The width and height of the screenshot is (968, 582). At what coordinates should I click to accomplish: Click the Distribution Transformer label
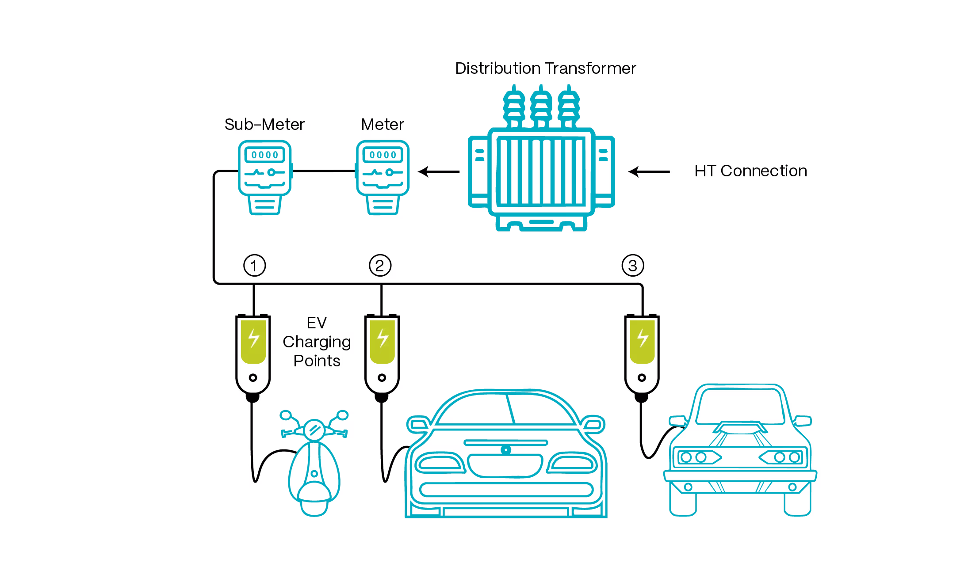coord(546,68)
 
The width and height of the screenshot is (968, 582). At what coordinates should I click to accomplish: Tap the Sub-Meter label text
coord(264,124)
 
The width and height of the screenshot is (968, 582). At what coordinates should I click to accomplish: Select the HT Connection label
coord(750,171)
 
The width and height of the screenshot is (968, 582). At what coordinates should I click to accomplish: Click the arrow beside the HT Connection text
coord(649,171)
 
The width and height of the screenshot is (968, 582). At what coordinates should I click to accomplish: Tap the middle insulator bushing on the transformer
coord(540,106)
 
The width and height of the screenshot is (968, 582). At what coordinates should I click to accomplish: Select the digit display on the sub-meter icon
coord(264,155)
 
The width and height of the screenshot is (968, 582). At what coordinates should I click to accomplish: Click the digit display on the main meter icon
coord(383,155)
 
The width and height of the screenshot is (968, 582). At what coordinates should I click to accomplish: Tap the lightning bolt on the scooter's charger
coord(253,338)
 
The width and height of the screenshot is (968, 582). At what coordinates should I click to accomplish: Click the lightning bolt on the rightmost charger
coord(642,338)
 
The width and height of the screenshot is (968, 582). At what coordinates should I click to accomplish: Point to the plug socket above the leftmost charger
coord(254,266)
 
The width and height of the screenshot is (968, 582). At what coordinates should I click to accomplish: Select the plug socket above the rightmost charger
coord(633,265)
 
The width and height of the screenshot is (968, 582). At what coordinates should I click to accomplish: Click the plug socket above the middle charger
coord(380,265)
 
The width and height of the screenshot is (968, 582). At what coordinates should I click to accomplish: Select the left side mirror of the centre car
coord(417,423)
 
